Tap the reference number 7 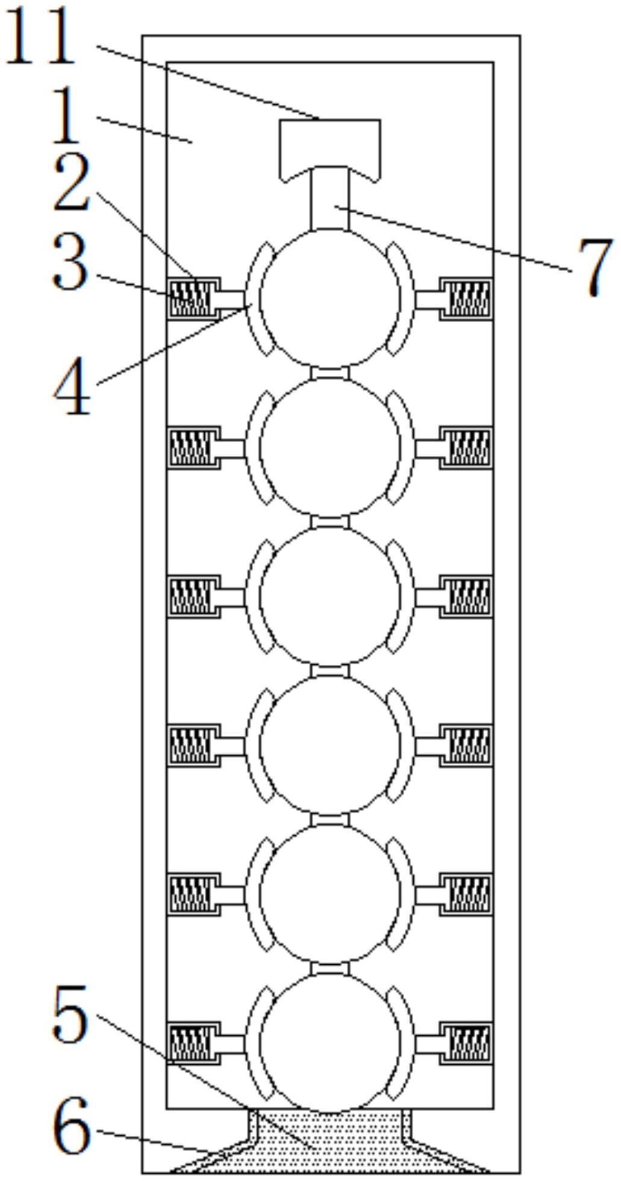pos(594,266)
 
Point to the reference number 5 pos(70,1015)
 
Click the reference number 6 pos(72,1125)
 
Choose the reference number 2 pos(72,182)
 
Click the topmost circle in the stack pos(330,298)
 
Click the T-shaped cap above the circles pos(330,145)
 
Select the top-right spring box pos(467,298)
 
